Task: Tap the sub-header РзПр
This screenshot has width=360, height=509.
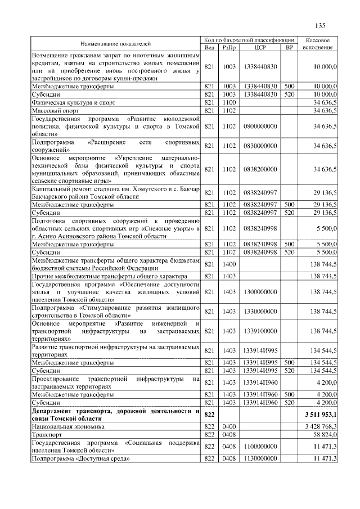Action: pyautogui.click(x=229, y=47)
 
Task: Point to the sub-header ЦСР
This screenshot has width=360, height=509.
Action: pyautogui.click(x=260, y=47)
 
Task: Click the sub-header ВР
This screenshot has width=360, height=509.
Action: pyautogui.click(x=290, y=47)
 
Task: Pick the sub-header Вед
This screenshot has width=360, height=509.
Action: pyautogui.click(x=210, y=47)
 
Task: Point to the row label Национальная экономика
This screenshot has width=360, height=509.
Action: pyautogui.click(x=70, y=426)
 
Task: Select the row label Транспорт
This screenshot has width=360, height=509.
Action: pyautogui.click(x=47, y=435)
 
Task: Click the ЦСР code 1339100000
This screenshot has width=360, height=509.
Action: pyautogui.click(x=260, y=331)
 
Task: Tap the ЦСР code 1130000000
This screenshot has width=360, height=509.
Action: pyautogui.click(x=260, y=459)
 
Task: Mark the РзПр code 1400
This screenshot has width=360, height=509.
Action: pyautogui.click(x=229, y=264)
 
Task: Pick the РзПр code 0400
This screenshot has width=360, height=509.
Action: pyautogui.click(x=229, y=426)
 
